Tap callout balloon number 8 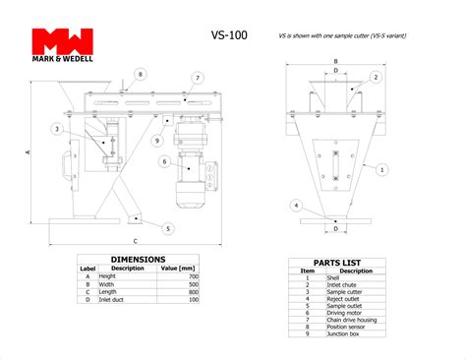pyautogui.click(x=141, y=74)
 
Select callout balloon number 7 pyautogui.click(x=198, y=78)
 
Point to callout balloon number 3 pyautogui.click(x=58, y=129)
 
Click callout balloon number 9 pyautogui.click(x=156, y=141)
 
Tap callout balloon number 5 pyautogui.click(x=167, y=228)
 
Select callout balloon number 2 pyautogui.click(x=376, y=77)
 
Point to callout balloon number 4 pyautogui.click(x=296, y=206)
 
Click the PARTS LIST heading pyautogui.click(x=334, y=263)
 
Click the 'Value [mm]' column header pyautogui.click(x=180, y=268)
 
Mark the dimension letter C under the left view pyautogui.click(x=135, y=240)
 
